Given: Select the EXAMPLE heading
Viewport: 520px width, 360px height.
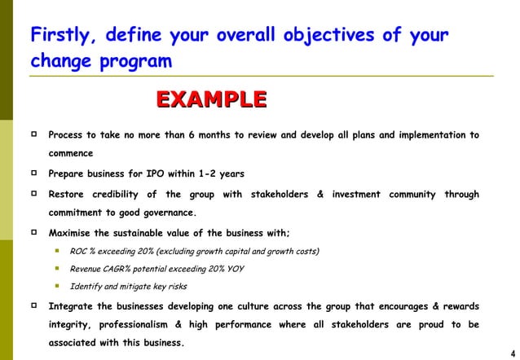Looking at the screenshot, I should [x=211, y=99].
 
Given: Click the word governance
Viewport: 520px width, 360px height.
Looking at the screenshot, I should [x=166, y=213].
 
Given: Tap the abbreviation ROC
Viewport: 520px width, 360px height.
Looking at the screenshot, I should [x=82, y=251].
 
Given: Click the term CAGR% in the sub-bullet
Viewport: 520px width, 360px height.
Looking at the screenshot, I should [x=119, y=269].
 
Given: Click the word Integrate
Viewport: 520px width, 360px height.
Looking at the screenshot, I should [x=74, y=306].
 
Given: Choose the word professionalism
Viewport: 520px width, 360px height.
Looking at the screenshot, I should [x=148, y=325].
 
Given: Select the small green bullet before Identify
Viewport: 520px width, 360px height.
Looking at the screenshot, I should [x=58, y=287].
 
